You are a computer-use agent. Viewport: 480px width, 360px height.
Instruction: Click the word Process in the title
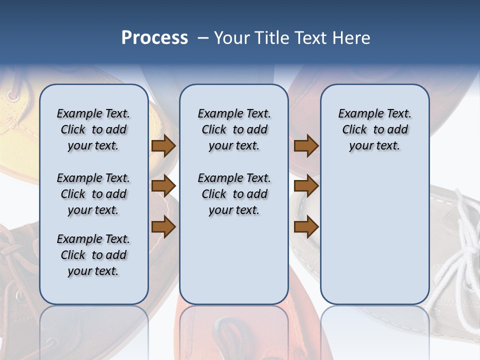[154, 38]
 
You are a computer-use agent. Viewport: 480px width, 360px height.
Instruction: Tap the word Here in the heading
[352, 38]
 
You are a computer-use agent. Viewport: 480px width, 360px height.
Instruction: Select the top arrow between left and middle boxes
[163, 146]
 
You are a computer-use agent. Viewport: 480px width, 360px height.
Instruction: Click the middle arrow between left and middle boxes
[163, 186]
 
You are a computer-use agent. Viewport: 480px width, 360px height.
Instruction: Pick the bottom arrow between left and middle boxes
[163, 227]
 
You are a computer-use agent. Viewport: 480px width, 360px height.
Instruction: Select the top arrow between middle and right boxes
[306, 146]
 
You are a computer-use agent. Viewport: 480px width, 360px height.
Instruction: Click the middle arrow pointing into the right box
[306, 186]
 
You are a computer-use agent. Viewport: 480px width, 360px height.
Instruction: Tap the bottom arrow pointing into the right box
[306, 227]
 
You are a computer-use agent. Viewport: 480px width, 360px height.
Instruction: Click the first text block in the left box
[93, 129]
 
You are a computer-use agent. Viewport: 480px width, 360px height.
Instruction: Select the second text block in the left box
[93, 194]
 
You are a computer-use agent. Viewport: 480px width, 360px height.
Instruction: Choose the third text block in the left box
[93, 255]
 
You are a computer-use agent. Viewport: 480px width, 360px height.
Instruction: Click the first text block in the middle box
[234, 129]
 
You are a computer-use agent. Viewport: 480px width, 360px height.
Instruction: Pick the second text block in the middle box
[234, 194]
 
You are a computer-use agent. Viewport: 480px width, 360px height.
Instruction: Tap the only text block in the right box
[374, 129]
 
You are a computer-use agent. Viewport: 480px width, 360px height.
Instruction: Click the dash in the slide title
[203, 38]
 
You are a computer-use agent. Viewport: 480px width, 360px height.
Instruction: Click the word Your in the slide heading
[232, 38]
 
